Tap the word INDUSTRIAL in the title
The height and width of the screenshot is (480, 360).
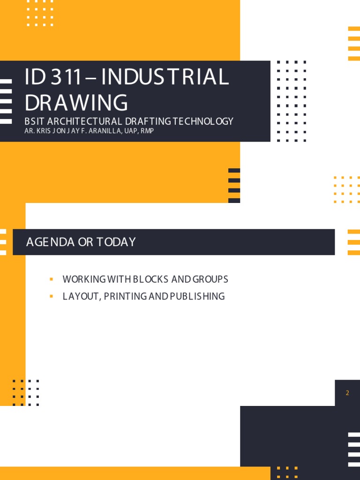pyautogui.click(x=165, y=77)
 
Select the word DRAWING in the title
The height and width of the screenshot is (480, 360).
pyautogui.click(x=76, y=103)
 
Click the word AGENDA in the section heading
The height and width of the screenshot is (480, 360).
pyautogui.click(x=50, y=242)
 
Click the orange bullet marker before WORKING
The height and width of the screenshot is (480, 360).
pyautogui.click(x=51, y=279)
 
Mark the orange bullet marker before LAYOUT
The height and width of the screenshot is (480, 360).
pyautogui.click(x=51, y=296)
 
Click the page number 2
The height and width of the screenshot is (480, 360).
pyautogui.click(x=347, y=393)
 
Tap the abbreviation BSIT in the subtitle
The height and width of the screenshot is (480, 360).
pyautogui.click(x=34, y=121)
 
